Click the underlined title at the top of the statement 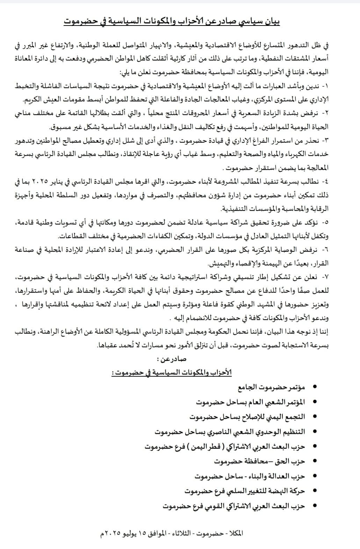(172, 21)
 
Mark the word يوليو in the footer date (129, 534)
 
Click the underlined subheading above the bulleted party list (171, 373)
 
